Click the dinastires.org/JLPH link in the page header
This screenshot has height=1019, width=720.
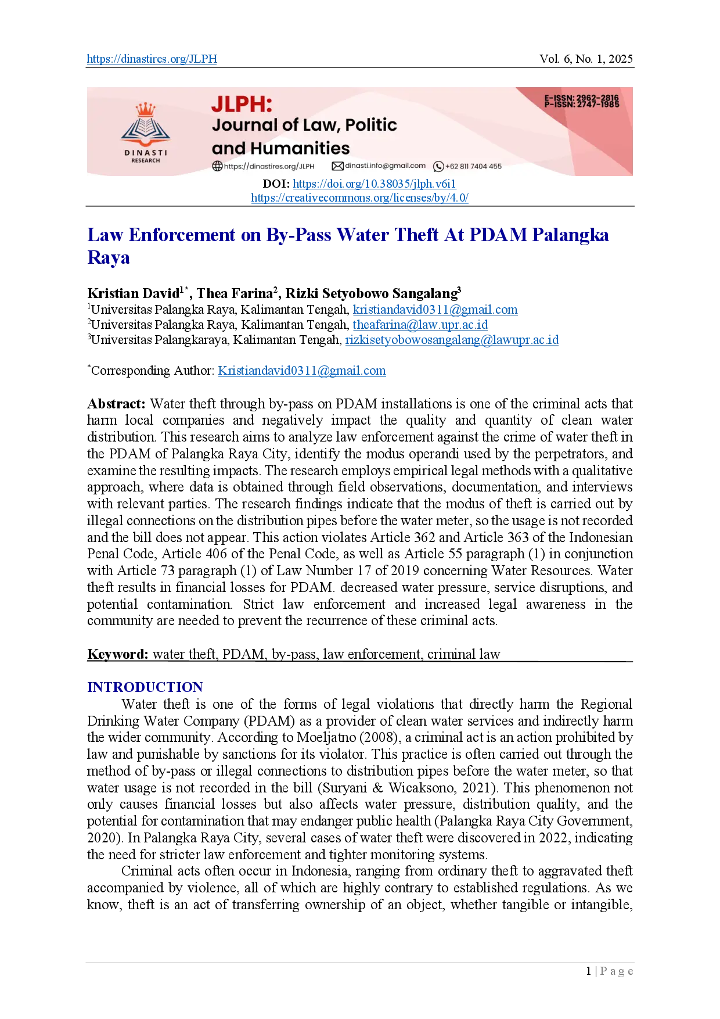click(x=152, y=59)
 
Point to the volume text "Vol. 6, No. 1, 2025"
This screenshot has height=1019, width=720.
click(x=586, y=59)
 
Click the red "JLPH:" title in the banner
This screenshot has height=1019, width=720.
click(x=242, y=104)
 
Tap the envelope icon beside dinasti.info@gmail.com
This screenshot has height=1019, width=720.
click(x=337, y=166)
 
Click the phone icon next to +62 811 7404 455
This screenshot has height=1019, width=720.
click(x=438, y=167)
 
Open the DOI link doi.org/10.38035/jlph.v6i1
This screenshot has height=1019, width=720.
click(x=374, y=184)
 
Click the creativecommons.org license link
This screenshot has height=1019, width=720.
click(x=359, y=198)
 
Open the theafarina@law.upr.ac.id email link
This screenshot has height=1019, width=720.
click(x=420, y=325)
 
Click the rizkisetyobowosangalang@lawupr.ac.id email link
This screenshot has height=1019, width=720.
click(x=452, y=340)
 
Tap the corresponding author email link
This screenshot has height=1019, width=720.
click(x=302, y=371)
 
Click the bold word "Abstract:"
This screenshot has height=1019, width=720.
click(x=116, y=404)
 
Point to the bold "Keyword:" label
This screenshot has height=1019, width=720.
click(x=118, y=655)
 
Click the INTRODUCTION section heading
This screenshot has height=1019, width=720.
click(x=145, y=687)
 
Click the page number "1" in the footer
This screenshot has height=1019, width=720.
click(x=589, y=971)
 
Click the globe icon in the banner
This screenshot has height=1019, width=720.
click(x=217, y=166)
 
